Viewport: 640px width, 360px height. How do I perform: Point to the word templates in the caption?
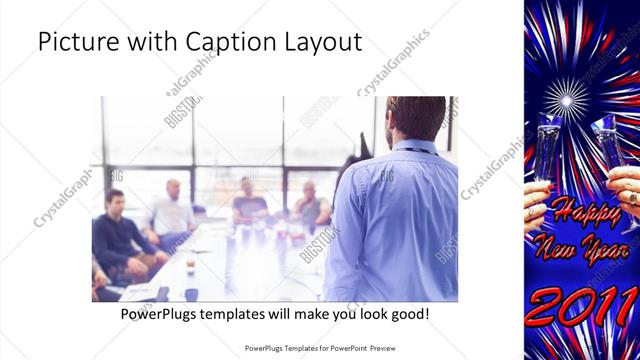243,314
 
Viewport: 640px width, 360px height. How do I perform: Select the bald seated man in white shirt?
172,210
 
